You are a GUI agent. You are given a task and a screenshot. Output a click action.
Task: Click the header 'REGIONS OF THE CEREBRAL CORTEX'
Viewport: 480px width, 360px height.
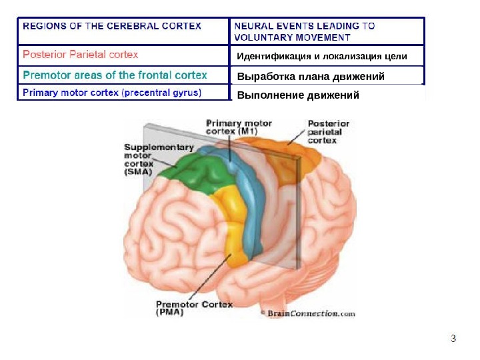coord(112,26)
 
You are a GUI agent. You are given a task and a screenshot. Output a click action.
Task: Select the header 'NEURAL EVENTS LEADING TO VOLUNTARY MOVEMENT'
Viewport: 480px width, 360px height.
coord(304,31)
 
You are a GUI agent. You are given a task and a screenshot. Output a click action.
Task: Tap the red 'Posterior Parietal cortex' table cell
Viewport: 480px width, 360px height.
coord(81,54)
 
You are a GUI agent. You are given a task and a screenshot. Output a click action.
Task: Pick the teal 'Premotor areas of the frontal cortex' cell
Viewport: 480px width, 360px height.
coord(115,75)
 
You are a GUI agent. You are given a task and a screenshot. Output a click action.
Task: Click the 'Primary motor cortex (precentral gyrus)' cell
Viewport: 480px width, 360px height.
coord(112,93)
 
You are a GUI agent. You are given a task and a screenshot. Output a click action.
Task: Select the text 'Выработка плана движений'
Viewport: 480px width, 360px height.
coord(311,77)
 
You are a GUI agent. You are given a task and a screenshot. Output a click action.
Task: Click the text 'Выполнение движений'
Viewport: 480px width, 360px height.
coord(298,95)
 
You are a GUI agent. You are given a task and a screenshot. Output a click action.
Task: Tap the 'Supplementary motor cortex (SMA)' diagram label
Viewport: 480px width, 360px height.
coord(159,159)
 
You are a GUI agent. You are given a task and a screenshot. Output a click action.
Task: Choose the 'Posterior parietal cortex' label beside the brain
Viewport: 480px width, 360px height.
coord(328,132)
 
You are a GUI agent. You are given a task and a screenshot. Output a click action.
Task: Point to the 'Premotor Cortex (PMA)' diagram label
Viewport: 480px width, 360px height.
coord(194,308)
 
